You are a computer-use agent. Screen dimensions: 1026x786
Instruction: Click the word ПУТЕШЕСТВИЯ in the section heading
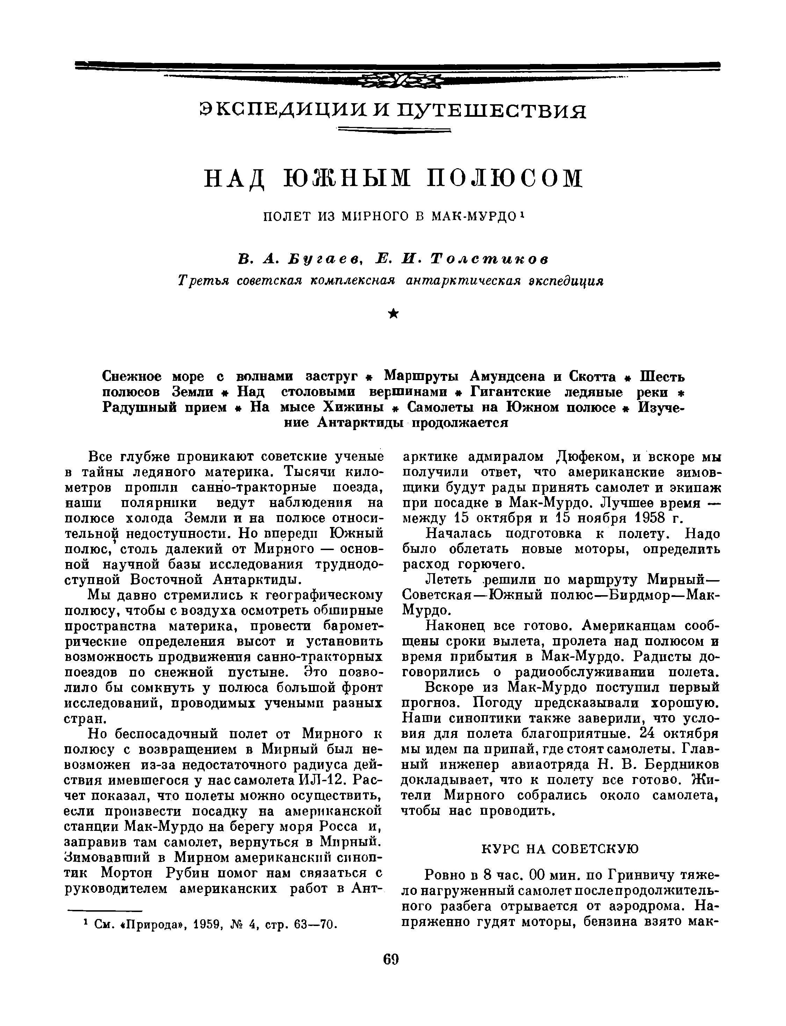491,110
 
